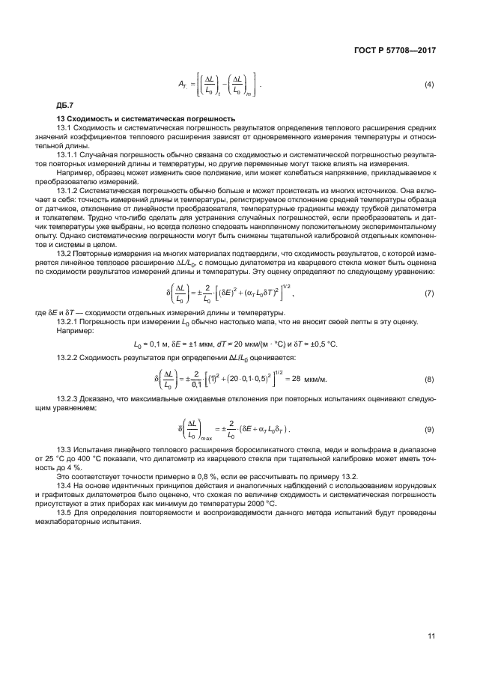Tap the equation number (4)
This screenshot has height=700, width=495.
(429, 84)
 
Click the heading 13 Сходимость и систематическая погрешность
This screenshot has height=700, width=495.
(147, 119)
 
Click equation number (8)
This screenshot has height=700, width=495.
(429, 380)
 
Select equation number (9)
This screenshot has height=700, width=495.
(429, 430)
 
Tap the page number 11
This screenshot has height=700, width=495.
(431, 636)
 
